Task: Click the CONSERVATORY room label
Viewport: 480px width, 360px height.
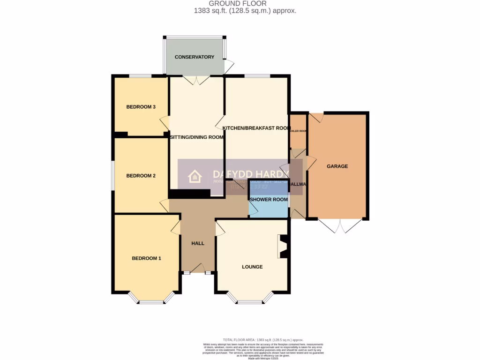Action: pyautogui.click(x=194, y=57)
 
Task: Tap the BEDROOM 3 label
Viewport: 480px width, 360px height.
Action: pyautogui.click(x=141, y=107)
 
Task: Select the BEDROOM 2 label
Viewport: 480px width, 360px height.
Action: pyautogui.click(x=141, y=176)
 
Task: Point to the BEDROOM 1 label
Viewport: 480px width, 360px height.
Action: pyautogui.click(x=146, y=258)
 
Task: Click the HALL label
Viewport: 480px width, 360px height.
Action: pyautogui.click(x=198, y=243)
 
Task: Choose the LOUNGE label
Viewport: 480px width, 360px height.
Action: pyautogui.click(x=252, y=267)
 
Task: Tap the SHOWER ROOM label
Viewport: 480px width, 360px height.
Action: pyautogui.click(x=268, y=200)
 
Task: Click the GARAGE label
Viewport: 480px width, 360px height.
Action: pyautogui.click(x=337, y=166)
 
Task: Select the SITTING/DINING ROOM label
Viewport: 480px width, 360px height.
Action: pyautogui.click(x=196, y=137)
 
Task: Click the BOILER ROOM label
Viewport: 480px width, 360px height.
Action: pyautogui.click(x=298, y=131)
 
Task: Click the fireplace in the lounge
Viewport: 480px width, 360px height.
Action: pyautogui.click(x=283, y=247)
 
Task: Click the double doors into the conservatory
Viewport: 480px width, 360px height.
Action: pyautogui.click(x=196, y=80)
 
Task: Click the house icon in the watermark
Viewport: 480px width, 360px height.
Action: pyautogui.click(x=195, y=177)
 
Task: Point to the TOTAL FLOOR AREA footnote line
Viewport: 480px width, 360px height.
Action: pyautogui.click(x=262, y=339)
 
